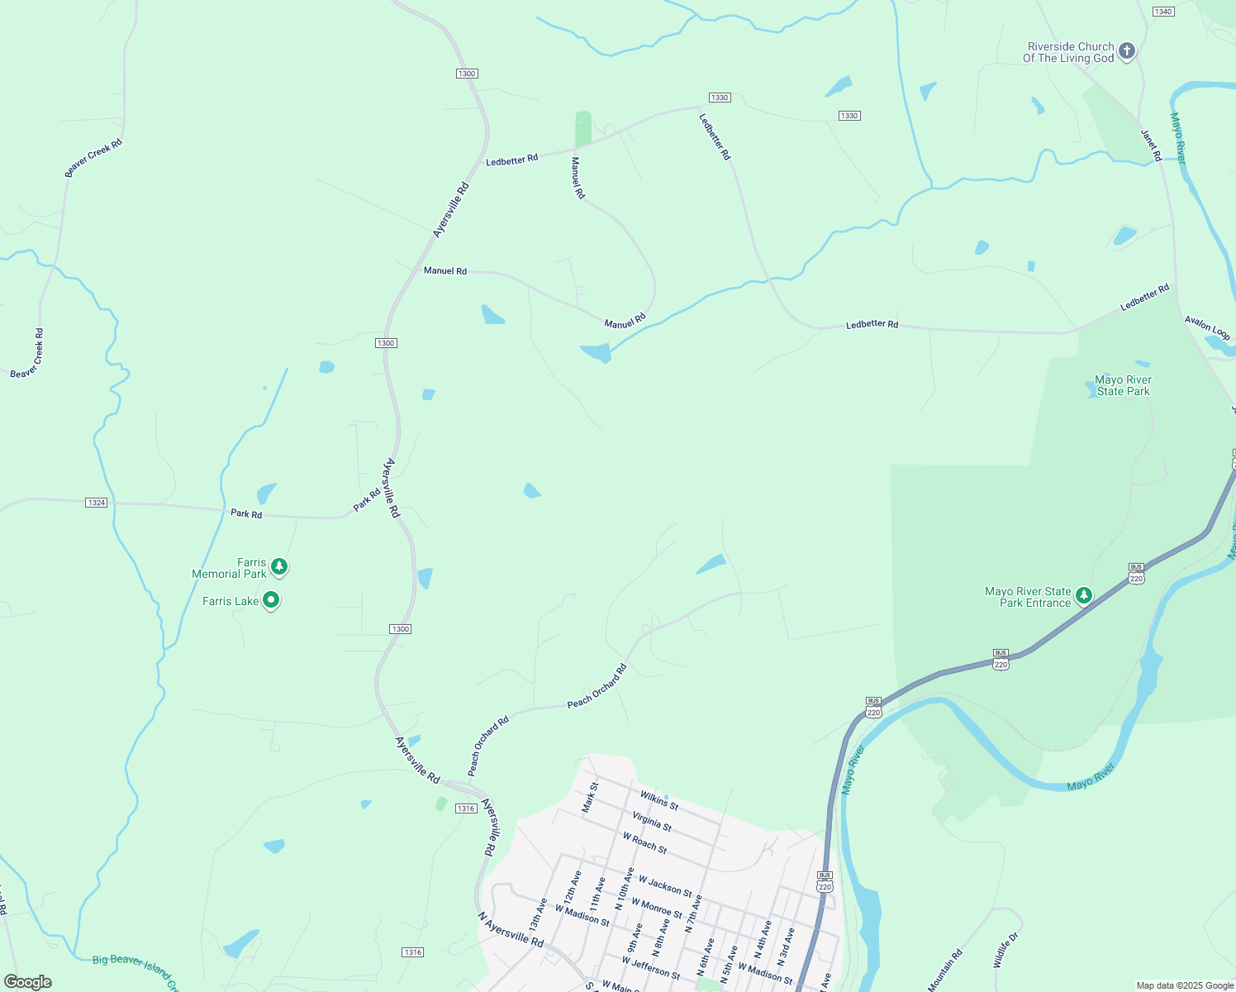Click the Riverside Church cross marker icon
(1126, 51)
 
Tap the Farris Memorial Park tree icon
(280, 566)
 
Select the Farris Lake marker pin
(270, 600)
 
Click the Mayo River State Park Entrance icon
(1083, 595)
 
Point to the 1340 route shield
(1163, 12)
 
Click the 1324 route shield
(97, 503)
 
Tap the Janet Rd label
(1151, 145)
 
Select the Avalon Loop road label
(1207, 327)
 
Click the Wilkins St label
(659, 800)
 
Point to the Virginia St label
(652, 822)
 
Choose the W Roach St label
(644, 842)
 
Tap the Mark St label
(589, 798)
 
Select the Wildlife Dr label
(1007, 951)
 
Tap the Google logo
(28, 982)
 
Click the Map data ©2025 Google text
(1184, 985)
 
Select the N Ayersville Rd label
(511, 930)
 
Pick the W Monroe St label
(657, 908)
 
